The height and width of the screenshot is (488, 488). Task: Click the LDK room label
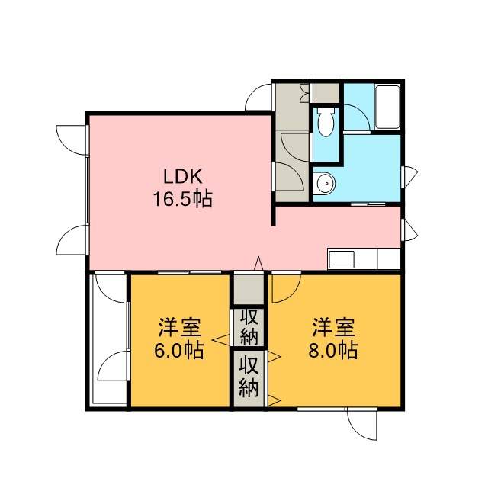[183, 177]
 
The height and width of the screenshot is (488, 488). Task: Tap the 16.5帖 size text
[183, 199]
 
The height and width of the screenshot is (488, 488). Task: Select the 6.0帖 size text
[179, 351]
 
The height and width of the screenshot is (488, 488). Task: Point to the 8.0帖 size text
[333, 351]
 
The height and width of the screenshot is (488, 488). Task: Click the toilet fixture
[326, 122]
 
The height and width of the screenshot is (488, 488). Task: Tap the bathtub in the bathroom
[387, 107]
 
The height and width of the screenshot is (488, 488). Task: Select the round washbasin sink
[325, 184]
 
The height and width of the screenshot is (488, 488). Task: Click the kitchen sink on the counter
[342, 259]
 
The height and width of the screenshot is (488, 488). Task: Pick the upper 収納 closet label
[249, 327]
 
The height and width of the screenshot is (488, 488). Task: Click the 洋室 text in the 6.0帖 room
[179, 327]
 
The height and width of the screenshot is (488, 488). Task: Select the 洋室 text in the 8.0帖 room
[334, 327]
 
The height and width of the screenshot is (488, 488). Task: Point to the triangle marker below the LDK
[258, 264]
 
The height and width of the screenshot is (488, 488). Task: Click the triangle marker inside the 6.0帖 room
[222, 340]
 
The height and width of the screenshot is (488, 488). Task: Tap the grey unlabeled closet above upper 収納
[249, 288]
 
